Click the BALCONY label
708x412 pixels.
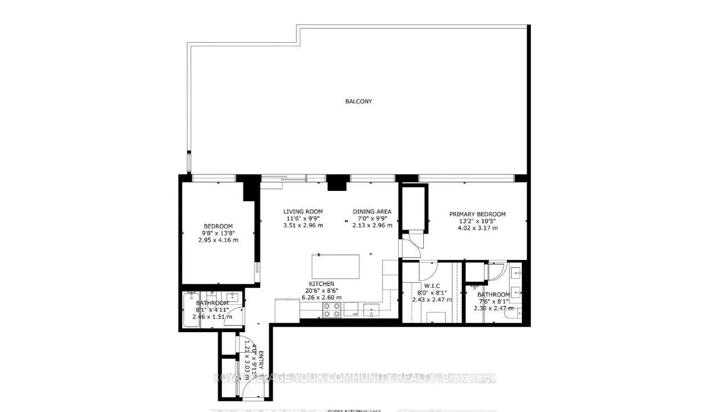click(x=358, y=101)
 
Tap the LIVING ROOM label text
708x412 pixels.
click(x=303, y=211)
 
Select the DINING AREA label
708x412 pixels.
click(x=371, y=211)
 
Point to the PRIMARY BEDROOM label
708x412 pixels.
click(x=477, y=214)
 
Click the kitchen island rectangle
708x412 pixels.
click(x=335, y=266)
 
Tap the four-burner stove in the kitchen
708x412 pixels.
click(x=332, y=309)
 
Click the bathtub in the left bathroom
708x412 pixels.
click(x=190, y=311)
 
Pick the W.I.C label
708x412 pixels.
click(x=431, y=285)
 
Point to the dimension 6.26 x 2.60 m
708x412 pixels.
click(x=321, y=297)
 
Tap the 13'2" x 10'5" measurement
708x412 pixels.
click(x=477, y=221)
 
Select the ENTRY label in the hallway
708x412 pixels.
click(x=261, y=360)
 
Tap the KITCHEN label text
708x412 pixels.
click(x=321, y=284)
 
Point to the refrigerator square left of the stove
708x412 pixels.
click(x=287, y=311)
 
